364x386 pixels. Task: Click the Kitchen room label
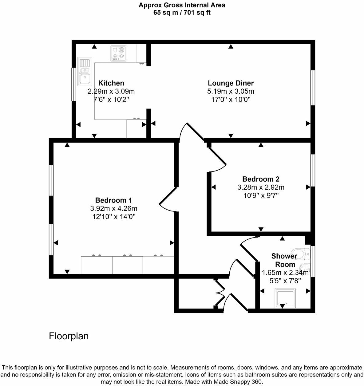point(111,83)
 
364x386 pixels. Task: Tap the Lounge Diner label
point(231,83)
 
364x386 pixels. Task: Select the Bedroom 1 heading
point(113,200)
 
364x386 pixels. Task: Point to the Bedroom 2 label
point(261,179)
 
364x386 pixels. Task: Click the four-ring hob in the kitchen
point(119,53)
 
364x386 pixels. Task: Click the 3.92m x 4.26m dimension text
point(113,208)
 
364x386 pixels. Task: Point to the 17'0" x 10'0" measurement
point(231,100)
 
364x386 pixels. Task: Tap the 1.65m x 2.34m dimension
point(285,273)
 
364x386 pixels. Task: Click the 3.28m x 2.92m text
point(261,187)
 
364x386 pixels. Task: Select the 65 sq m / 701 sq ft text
point(182,13)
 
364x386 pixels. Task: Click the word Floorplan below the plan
point(69,336)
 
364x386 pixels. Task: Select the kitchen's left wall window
point(74,84)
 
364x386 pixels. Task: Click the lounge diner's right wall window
point(313,88)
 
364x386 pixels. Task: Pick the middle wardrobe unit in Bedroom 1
point(127,265)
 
